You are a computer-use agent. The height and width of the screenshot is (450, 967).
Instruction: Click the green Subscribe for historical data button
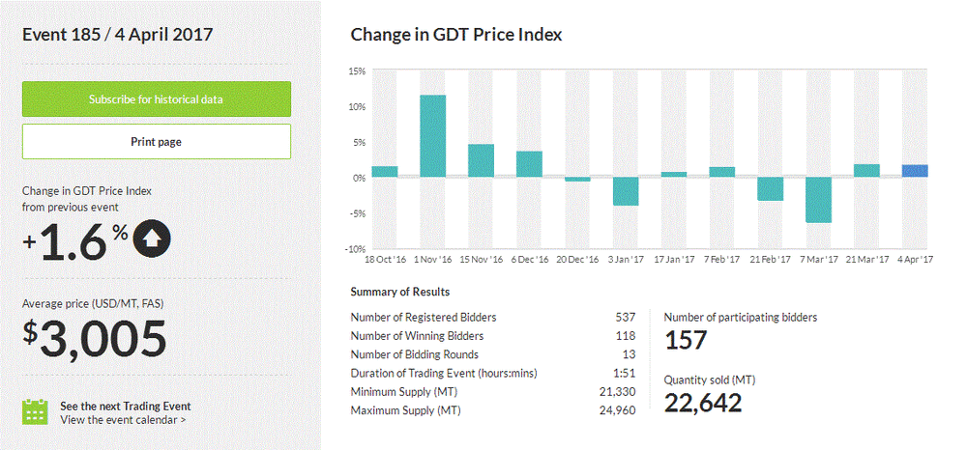(x=156, y=99)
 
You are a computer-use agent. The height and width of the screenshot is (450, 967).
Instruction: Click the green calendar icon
(x=35, y=411)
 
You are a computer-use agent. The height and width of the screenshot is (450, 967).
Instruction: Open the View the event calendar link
(x=123, y=420)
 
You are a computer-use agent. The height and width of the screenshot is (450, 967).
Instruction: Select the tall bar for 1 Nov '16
(x=432, y=136)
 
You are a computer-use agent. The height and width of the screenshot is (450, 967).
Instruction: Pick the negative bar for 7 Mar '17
(x=818, y=200)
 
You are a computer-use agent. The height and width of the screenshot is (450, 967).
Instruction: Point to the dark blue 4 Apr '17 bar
(x=915, y=171)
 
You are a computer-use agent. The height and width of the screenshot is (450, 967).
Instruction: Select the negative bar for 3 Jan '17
(x=626, y=191)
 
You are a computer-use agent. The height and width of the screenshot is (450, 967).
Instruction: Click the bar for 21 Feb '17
(x=770, y=188)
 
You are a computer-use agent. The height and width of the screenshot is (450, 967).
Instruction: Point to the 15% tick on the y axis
(x=356, y=71)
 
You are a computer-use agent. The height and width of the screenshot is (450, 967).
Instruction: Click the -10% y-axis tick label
(x=354, y=249)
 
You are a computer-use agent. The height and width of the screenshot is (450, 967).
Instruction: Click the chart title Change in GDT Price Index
(x=456, y=35)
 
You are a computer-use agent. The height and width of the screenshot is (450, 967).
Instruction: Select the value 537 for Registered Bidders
(x=626, y=317)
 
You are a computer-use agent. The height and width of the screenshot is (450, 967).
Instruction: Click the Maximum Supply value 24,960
(x=618, y=410)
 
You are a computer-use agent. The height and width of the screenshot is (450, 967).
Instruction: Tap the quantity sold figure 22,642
(x=703, y=402)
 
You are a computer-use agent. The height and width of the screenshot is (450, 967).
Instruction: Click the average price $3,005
(x=96, y=338)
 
